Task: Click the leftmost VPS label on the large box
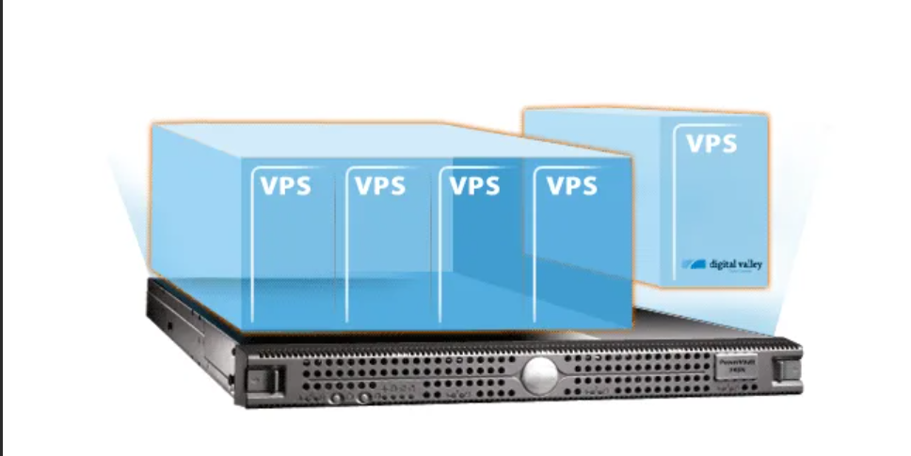[284, 185]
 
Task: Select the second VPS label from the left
[380, 185]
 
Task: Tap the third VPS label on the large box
[474, 185]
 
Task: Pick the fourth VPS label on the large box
[571, 185]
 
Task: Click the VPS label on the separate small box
[711, 145]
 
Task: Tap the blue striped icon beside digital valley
[695, 264]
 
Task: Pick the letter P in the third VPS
[474, 185]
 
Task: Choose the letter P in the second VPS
[381, 185]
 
